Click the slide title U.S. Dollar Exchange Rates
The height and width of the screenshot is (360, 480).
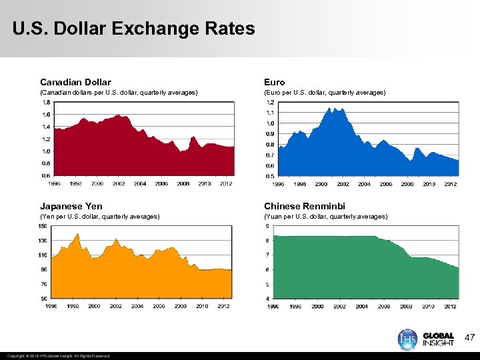click(133, 29)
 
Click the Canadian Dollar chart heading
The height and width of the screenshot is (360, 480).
click(75, 82)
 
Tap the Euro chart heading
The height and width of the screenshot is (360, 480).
click(274, 82)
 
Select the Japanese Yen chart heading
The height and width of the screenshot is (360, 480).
click(71, 206)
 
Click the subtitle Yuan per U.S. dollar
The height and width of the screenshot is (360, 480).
click(325, 217)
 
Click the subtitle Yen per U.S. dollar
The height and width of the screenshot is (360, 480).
click(99, 217)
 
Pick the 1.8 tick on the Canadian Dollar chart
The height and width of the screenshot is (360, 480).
click(45, 102)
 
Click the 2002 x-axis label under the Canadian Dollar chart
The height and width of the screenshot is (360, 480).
click(119, 183)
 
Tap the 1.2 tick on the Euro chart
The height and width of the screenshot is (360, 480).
click(270, 102)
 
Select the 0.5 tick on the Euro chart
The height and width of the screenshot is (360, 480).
click(270, 176)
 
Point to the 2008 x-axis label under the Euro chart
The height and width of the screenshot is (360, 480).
click(407, 183)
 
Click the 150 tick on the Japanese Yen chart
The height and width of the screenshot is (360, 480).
click(43, 226)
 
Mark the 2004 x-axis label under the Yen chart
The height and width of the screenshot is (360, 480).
click(137, 306)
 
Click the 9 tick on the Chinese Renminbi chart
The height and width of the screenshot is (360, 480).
click(268, 226)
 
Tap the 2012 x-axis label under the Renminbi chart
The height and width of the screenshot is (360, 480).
click(451, 306)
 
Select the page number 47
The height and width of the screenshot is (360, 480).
click(469, 339)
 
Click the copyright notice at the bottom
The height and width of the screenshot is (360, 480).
click(56, 355)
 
